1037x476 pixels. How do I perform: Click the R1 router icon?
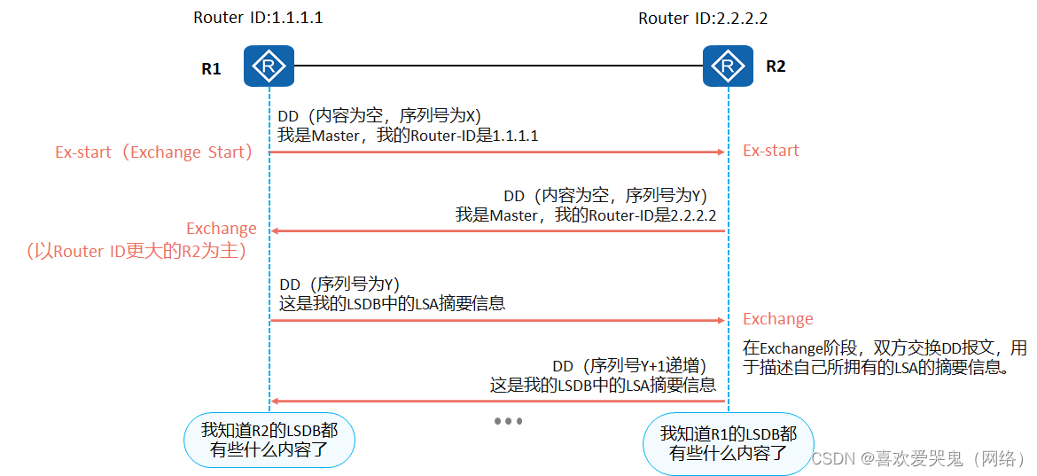(269, 66)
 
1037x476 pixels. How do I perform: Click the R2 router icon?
(728, 66)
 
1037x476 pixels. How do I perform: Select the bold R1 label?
(211, 68)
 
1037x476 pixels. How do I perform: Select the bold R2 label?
(776, 66)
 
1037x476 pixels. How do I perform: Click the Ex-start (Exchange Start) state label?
(154, 152)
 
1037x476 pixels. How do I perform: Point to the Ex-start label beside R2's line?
(770, 151)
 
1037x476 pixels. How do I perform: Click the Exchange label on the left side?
(221, 229)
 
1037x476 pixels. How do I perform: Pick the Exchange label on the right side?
(777, 319)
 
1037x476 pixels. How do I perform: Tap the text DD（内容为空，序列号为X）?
(379, 116)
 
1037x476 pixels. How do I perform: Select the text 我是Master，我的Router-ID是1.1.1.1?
(408, 136)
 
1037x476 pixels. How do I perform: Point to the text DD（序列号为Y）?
(340, 284)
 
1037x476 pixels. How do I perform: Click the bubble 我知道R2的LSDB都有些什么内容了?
(269, 441)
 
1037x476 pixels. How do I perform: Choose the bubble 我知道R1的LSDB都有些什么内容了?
(728, 443)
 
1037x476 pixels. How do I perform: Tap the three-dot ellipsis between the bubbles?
(508, 421)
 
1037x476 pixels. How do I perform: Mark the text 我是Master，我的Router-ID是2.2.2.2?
(585, 215)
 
